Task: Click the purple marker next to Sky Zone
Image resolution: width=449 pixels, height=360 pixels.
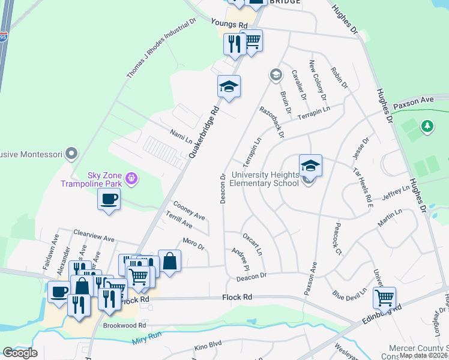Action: point(133,178)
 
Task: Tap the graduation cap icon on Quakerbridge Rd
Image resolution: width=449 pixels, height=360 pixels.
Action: point(229,87)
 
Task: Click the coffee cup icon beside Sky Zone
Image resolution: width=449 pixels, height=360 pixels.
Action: point(109,199)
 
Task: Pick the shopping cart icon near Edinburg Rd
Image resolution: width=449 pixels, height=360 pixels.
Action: point(384,297)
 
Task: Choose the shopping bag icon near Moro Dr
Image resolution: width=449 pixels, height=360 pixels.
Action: point(169,261)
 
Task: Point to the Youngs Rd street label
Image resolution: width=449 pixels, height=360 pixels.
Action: point(229,25)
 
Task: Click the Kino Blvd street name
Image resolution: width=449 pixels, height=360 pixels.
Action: point(208,347)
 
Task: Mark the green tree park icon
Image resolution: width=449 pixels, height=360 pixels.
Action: point(427,127)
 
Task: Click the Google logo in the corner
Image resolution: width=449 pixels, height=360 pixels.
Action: point(20,353)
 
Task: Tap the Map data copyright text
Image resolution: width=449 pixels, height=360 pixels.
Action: point(423,355)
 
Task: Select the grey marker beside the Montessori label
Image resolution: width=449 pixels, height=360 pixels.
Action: point(72,154)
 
